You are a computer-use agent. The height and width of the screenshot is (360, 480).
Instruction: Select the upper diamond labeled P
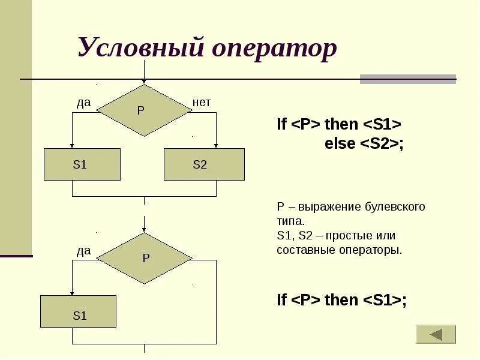[143, 110]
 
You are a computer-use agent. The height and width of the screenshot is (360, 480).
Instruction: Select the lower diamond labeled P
[144, 259]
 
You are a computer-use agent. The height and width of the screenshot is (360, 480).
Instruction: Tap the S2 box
[204, 164]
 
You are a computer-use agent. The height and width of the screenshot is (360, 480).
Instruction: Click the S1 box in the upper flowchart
[82, 164]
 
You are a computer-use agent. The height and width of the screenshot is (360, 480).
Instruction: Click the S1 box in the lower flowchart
[78, 311]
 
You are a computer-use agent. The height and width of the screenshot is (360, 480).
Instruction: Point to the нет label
[202, 103]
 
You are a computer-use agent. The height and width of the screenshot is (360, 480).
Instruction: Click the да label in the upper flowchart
[83, 103]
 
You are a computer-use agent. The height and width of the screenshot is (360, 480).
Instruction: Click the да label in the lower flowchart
[83, 251]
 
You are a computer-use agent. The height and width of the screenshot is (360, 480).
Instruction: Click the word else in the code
[340, 144]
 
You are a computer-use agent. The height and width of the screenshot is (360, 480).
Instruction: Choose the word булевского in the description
[395, 207]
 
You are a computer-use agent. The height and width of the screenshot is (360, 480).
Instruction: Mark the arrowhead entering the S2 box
[216, 145]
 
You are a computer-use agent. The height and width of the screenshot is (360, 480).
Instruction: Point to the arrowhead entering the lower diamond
[144, 229]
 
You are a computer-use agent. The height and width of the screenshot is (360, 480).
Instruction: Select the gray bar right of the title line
[407, 79]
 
